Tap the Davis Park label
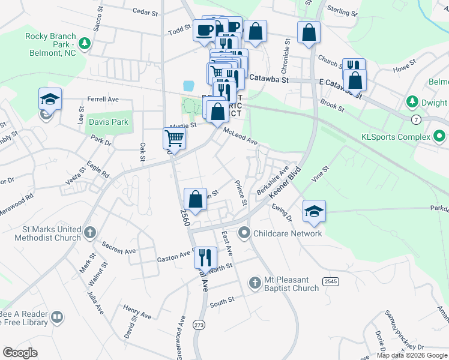[109, 122]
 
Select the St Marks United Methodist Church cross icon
[90, 231]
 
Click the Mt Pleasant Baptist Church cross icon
[255, 282]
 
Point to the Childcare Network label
[288, 233]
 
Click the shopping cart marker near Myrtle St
[174, 139]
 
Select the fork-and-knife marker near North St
[205, 257]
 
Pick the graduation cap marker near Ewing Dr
[314, 211]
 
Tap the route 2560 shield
[185, 218]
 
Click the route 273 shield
[199, 325]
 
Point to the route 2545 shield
[330, 281]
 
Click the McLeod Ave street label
[240, 136]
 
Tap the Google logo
[20, 353]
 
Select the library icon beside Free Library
[57, 317]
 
